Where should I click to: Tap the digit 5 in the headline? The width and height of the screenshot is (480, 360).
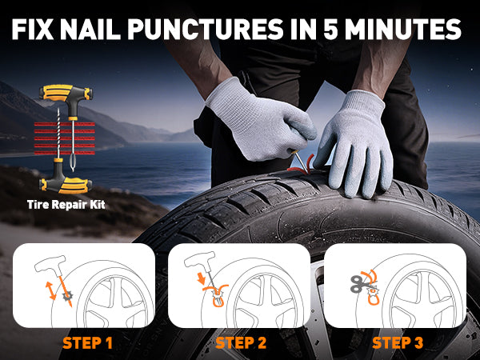330,30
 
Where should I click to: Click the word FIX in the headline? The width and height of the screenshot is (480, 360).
33,30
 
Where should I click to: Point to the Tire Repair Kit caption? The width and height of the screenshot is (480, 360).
66,205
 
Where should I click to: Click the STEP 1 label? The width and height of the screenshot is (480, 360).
87,343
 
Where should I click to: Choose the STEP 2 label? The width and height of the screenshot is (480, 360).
241,343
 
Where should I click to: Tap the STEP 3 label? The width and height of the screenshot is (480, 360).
398,343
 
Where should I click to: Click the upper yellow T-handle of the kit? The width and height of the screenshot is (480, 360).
66,94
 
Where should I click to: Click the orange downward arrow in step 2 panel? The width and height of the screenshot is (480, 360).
201,278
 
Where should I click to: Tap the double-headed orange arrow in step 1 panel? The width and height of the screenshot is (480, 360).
51,290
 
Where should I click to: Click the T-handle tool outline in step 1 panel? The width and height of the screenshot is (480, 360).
50,264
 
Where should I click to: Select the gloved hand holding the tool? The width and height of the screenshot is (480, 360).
260,122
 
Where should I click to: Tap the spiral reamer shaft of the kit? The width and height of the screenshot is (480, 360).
58,133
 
